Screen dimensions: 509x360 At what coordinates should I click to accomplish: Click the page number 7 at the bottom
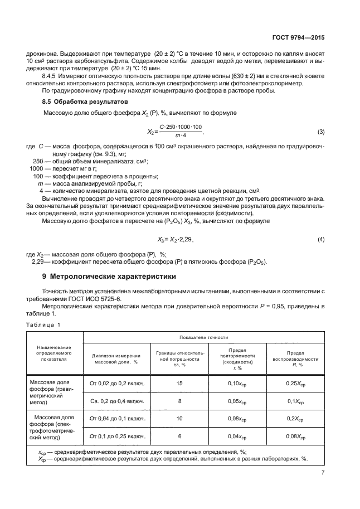coord(323,472)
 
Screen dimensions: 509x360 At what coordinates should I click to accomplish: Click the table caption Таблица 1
coord(42,324)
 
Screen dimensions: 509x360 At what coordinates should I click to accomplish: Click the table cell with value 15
coord(179,383)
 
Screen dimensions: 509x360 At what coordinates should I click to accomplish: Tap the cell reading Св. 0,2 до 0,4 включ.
coord(117,401)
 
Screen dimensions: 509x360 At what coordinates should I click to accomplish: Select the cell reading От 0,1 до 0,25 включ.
coord(117,436)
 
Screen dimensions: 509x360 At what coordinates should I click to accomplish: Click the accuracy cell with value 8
coord(179,401)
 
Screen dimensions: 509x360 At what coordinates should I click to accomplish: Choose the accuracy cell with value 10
coord(179,418)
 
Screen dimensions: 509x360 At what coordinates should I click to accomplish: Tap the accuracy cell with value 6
coord(179,436)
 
